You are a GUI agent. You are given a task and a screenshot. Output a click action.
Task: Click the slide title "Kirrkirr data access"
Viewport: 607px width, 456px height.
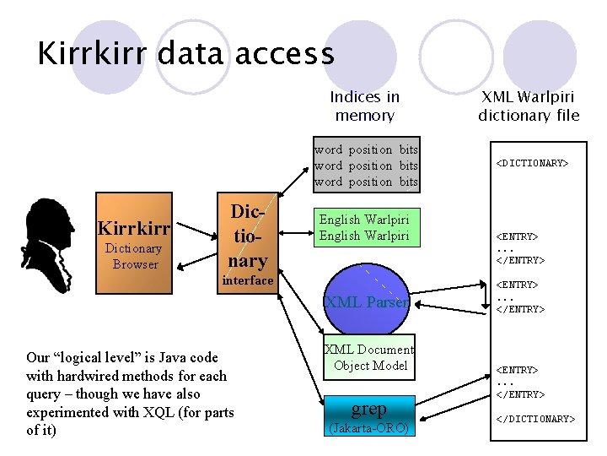[x=185, y=53]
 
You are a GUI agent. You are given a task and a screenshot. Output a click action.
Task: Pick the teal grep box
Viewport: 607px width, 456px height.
[x=368, y=409]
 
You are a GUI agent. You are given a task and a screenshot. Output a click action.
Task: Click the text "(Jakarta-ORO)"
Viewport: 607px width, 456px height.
[x=368, y=428]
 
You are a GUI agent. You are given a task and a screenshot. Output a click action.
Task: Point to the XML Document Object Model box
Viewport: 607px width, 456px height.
[x=368, y=357]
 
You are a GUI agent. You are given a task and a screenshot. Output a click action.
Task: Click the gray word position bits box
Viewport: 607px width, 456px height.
[x=366, y=166]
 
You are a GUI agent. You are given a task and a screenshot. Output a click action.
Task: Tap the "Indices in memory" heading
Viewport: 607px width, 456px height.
[x=364, y=106]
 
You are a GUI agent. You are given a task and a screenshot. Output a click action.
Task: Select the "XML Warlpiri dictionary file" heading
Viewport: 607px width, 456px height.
[x=529, y=106]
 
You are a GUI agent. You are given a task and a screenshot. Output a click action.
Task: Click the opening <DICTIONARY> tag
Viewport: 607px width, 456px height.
[x=531, y=163]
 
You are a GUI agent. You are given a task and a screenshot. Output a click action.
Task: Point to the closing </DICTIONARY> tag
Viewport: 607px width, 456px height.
[x=535, y=419]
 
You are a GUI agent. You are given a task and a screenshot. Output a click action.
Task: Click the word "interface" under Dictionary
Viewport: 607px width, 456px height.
[x=247, y=280]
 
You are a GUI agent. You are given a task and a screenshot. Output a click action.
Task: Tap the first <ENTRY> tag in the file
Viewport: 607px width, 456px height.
[x=517, y=237]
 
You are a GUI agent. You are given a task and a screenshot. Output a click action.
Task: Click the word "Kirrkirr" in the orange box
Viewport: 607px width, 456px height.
[x=135, y=229]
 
